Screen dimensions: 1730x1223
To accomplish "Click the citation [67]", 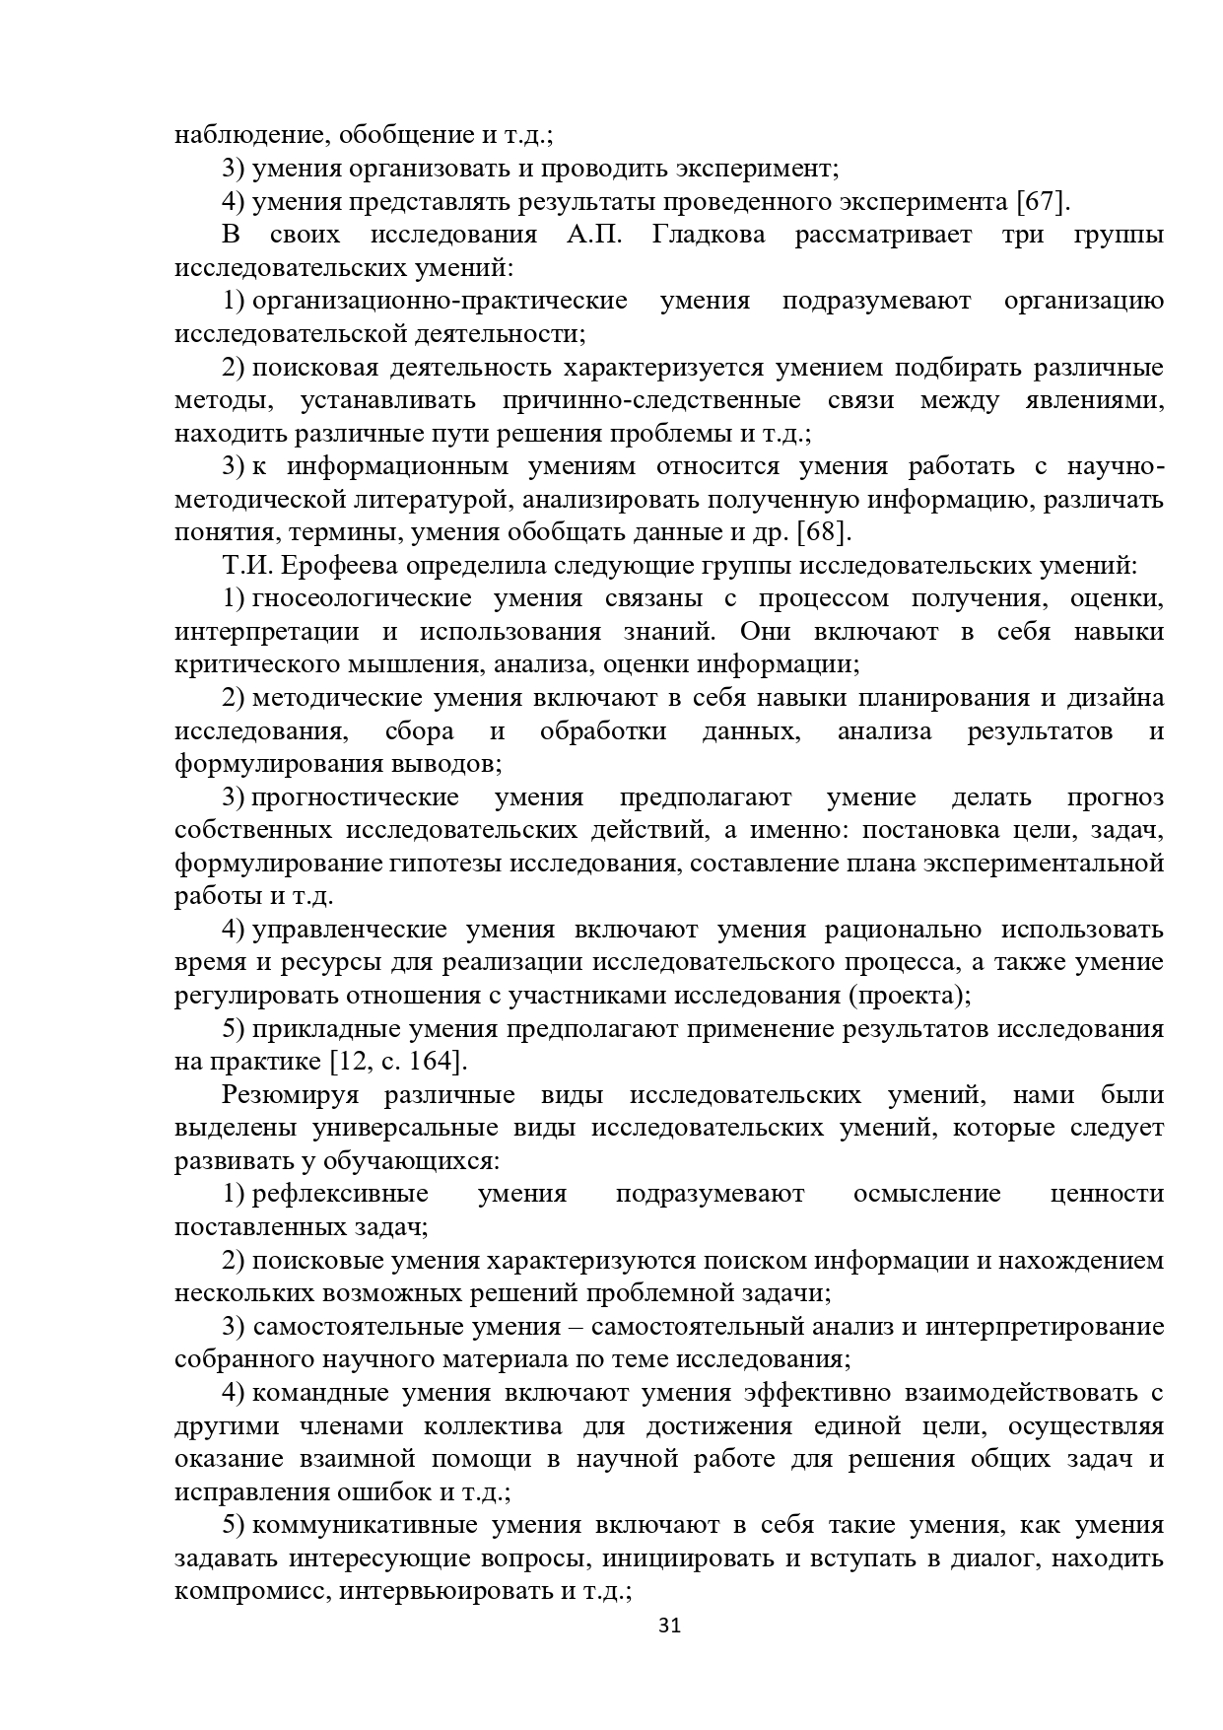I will [x=1042, y=202].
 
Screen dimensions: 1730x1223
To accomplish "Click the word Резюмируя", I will [x=290, y=1095].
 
